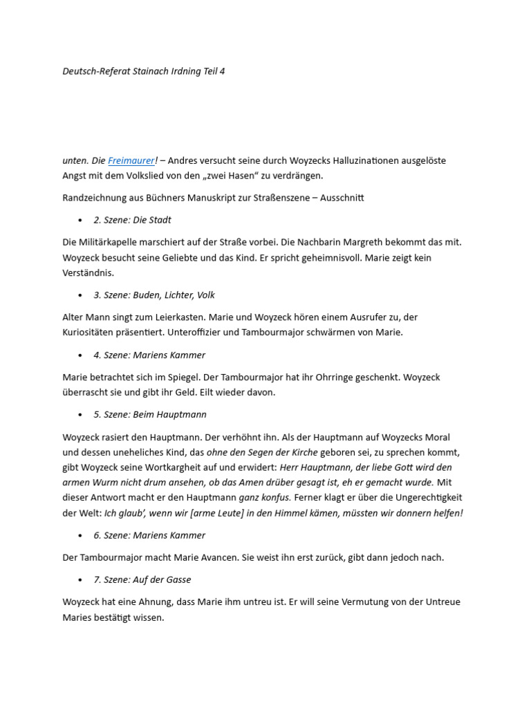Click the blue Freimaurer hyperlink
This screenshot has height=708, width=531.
point(131,160)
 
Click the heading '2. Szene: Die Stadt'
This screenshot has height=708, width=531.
point(132,220)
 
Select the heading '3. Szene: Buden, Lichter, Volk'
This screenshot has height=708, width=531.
point(154,295)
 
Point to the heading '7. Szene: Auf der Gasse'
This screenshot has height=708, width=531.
point(142,579)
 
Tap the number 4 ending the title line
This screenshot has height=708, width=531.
point(222,71)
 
